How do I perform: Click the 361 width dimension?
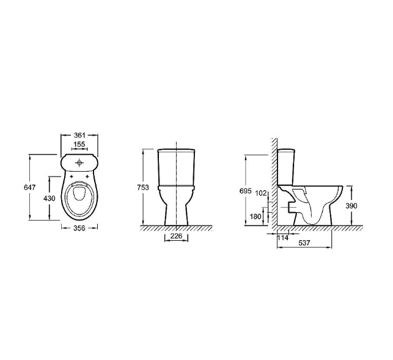79,135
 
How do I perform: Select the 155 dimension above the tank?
79,144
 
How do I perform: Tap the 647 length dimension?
30,187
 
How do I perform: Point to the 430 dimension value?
49,198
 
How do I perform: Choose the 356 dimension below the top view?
79,228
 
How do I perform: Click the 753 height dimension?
143,187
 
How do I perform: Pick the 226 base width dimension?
176,236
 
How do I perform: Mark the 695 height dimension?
245,191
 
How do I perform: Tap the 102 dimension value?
261,193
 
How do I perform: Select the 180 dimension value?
255,216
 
